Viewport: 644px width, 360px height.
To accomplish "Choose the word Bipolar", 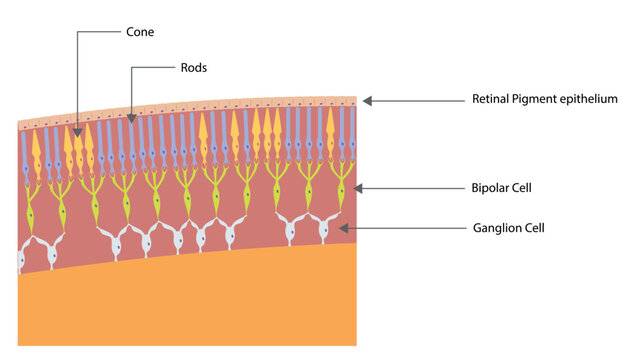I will (492, 188).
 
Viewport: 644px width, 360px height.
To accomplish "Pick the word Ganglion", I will (497, 228).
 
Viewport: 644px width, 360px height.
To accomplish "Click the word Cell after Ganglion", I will (535, 228).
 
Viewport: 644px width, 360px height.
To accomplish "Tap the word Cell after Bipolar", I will (526, 188).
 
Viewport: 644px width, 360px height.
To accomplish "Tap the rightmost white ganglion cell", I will (324, 229).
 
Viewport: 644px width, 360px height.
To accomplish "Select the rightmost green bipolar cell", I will (339, 190).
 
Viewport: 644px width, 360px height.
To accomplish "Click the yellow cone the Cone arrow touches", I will (78, 145).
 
